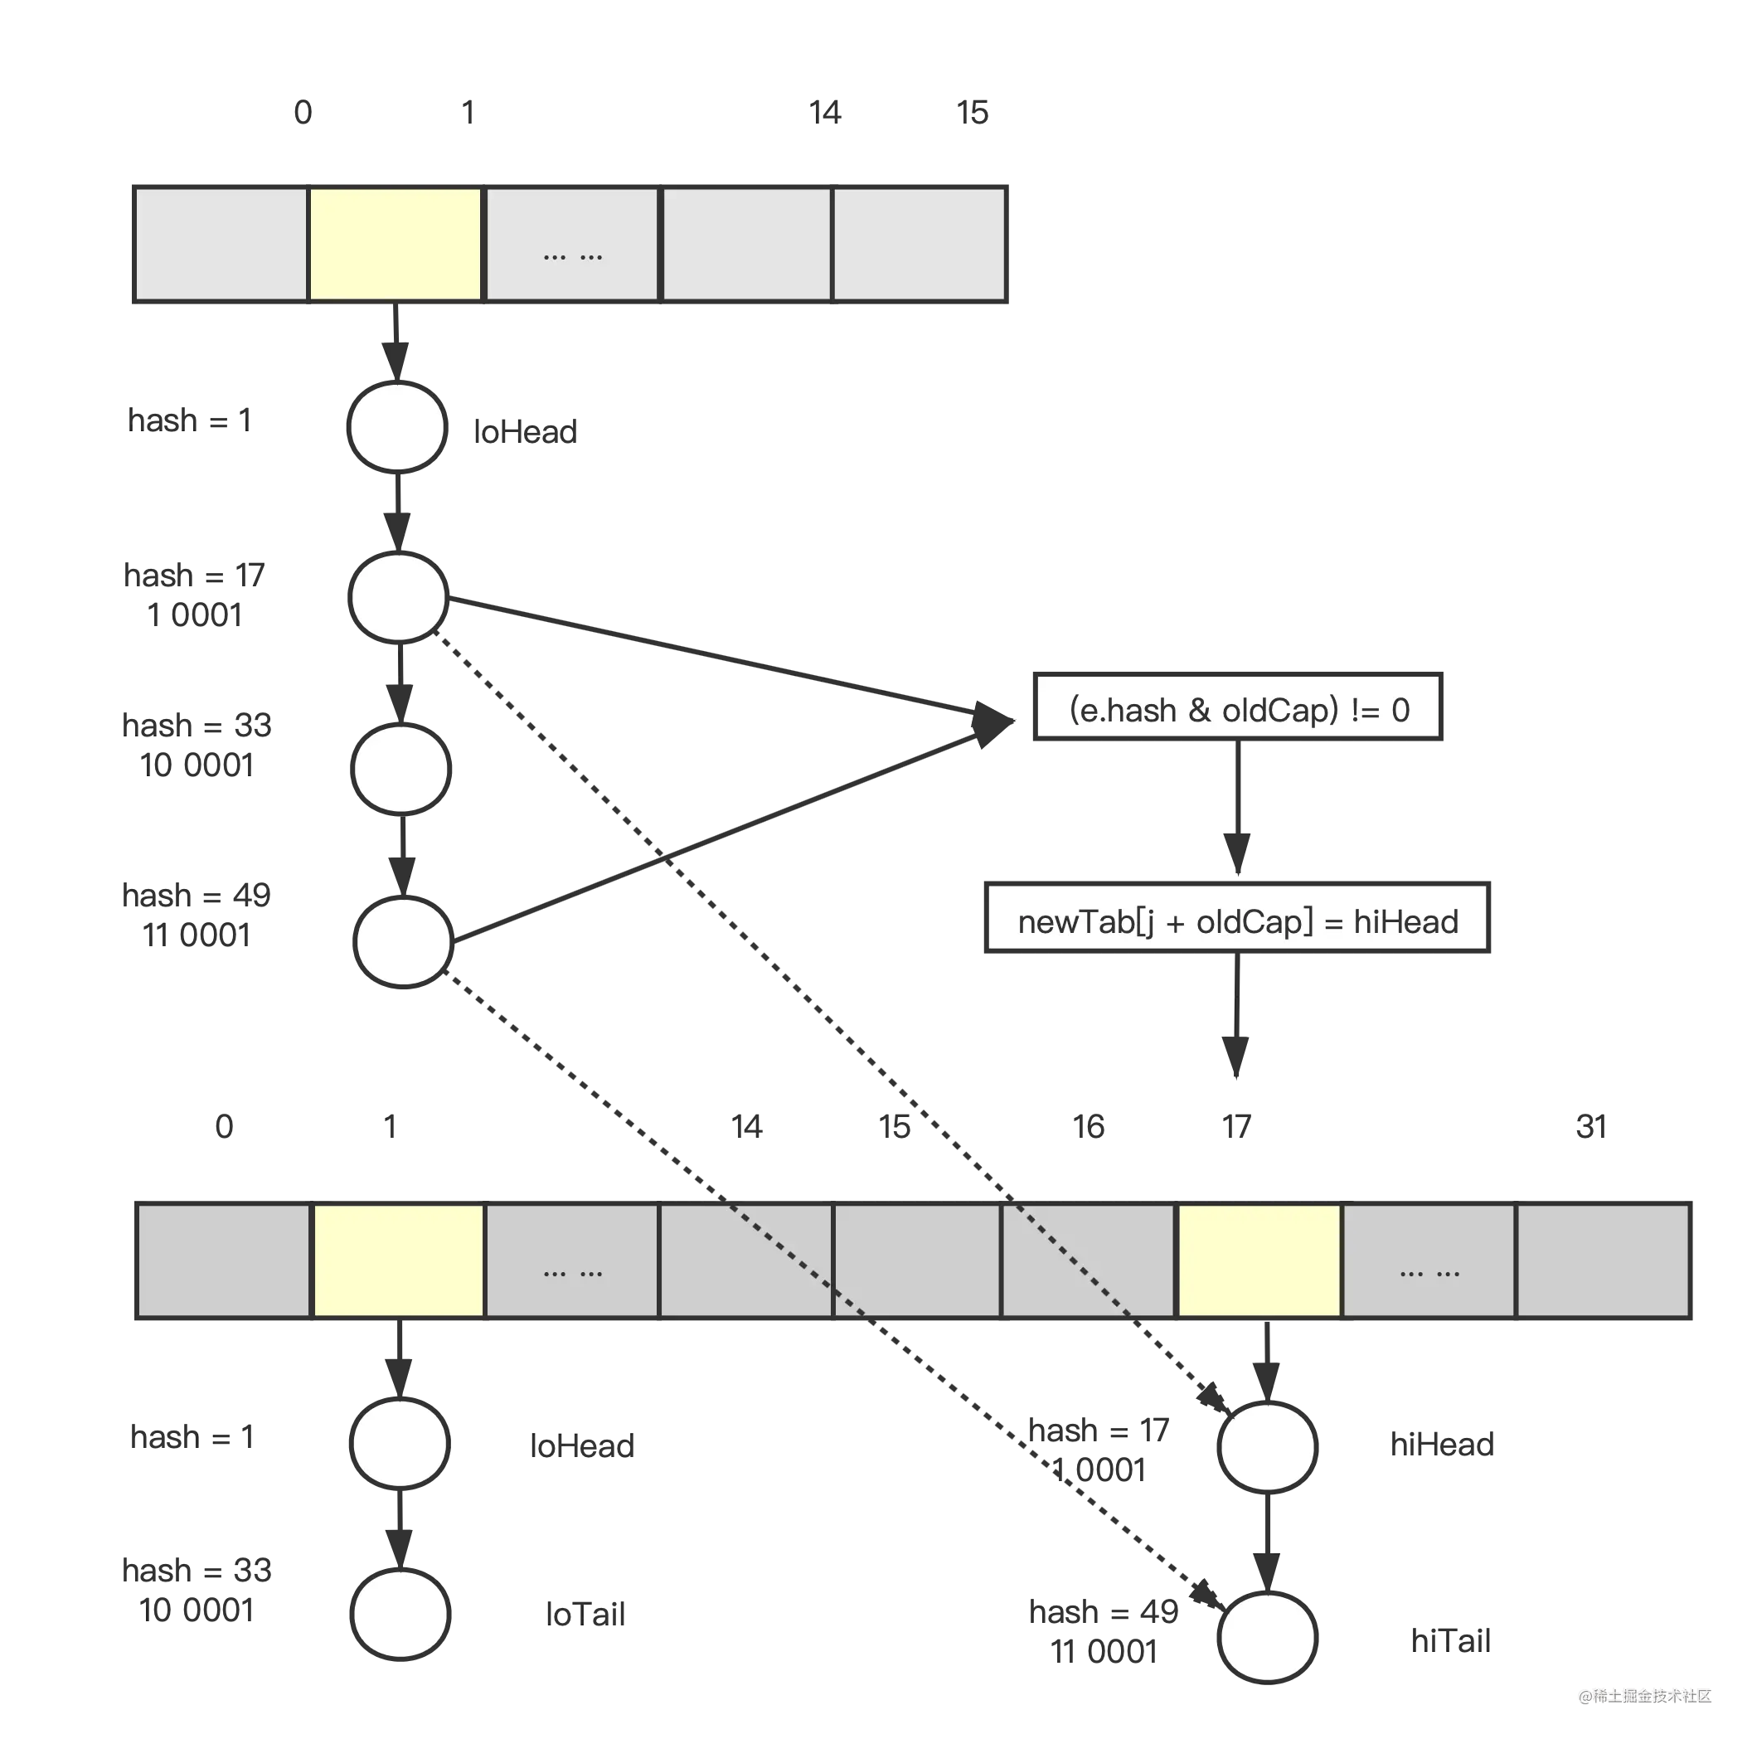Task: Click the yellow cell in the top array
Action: [x=395, y=243]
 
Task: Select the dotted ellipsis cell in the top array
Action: [x=571, y=243]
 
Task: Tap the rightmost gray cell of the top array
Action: [x=918, y=243]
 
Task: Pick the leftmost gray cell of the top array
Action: [x=221, y=243]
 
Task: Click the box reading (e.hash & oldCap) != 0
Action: [x=1237, y=709]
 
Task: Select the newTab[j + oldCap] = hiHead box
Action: [x=1237, y=921]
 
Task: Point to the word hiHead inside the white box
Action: [x=1405, y=921]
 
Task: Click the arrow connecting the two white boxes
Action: [x=1237, y=809]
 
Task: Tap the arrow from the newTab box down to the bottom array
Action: [x=1237, y=1016]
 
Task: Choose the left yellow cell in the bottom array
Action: [x=397, y=1261]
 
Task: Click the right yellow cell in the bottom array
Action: [x=1259, y=1261]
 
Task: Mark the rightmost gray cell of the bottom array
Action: [x=1603, y=1261]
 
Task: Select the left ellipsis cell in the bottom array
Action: [x=571, y=1261]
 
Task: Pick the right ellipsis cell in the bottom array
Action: [x=1429, y=1261]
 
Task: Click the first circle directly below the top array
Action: [x=396, y=427]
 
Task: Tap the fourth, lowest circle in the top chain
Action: [x=403, y=941]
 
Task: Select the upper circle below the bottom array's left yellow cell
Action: [x=400, y=1444]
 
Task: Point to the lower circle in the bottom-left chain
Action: [x=400, y=1615]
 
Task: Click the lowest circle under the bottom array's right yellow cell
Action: [x=1267, y=1638]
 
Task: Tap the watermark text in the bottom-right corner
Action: [x=1643, y=1694]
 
